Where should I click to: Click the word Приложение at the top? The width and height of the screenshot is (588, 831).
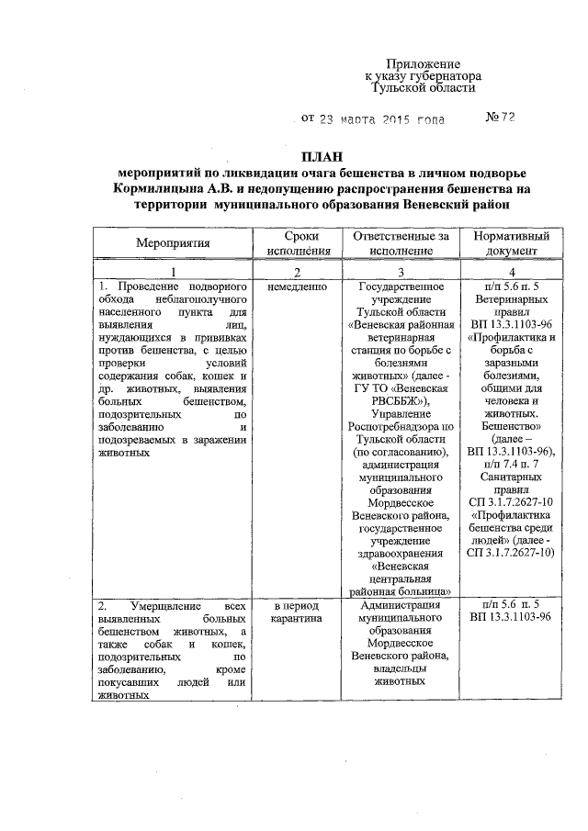click(x=423, y=62)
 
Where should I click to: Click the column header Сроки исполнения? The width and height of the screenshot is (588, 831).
click(x=295, y=243)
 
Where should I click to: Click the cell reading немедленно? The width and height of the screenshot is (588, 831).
click(x=296, y=286)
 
